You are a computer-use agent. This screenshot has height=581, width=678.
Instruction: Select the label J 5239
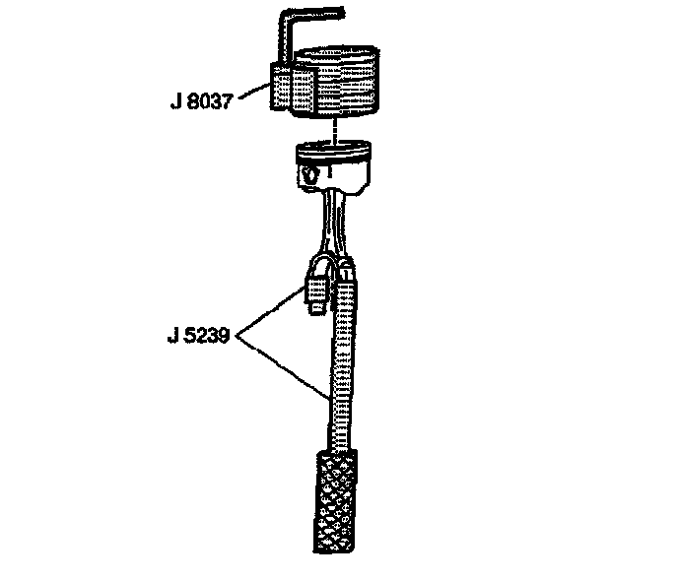click(198, 335)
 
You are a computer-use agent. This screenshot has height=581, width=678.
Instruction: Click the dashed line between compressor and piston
click(337, 129)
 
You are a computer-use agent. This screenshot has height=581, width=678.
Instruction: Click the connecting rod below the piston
click(335, 222)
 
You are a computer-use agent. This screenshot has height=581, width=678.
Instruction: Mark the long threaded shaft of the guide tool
click(338, 364)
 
